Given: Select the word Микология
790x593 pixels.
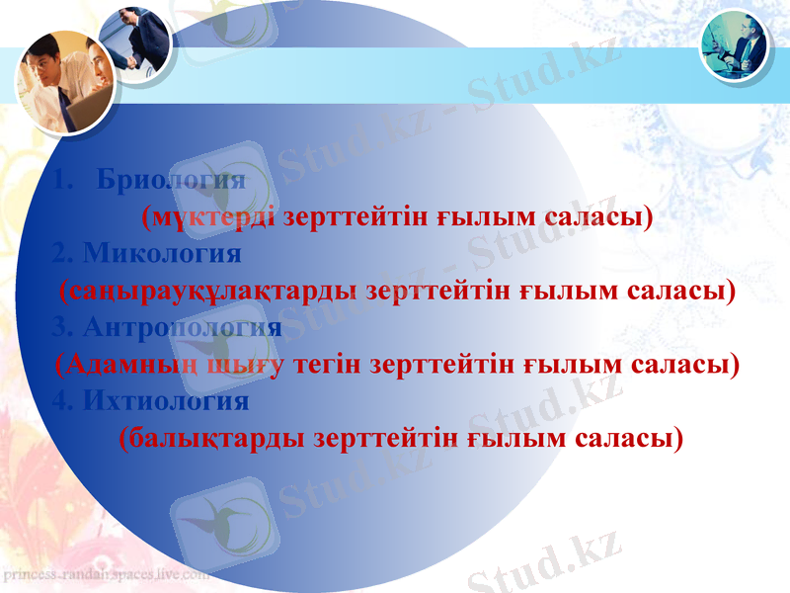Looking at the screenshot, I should click(x=162, y=254).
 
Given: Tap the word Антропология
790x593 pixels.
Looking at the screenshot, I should click(x=183, y=327).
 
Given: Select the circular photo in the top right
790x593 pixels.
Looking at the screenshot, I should click(x=735, y=44).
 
